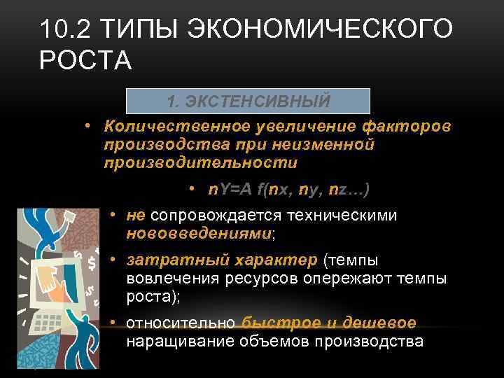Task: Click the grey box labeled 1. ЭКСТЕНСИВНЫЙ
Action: point(248,101)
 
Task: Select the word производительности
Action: point(199,162)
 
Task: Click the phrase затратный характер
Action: point(222,260)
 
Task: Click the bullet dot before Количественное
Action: point(90,127)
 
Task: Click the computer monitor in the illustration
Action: point(56,276)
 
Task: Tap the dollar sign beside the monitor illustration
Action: point(92,262)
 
